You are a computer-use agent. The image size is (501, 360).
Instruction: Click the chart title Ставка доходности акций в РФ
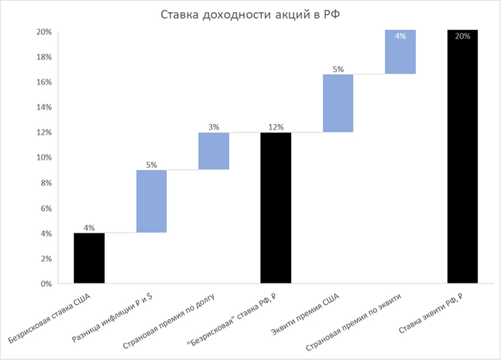(x=250, y=14)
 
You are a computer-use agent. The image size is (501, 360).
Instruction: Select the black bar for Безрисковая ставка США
(x=89, y=258)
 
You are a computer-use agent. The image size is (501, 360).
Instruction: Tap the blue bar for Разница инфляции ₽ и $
(x=151, y=201)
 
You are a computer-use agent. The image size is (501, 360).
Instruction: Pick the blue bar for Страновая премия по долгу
(x=213, y=151)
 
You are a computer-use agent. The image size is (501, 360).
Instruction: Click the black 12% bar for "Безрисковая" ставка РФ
(x=276, y=208)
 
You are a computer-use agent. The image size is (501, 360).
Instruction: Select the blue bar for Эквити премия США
(x=338, y=103)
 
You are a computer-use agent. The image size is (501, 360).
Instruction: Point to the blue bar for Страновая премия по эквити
(x=400, y=52)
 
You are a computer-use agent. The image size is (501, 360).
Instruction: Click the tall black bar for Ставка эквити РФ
(x=462, y=157)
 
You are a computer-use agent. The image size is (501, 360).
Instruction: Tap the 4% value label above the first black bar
(x=89, y=228)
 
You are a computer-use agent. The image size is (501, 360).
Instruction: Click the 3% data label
(x=213, y=127)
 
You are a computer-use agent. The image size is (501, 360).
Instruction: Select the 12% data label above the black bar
(x=276, y=127)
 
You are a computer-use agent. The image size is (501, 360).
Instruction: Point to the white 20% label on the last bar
(x=462, y=36)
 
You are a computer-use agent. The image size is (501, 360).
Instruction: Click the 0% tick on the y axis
(x=44, y=284)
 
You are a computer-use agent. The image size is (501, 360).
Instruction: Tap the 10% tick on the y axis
(x=42, y=158)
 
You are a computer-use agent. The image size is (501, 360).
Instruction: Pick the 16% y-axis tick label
(x=42, y=82)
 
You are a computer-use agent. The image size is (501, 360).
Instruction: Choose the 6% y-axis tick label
(x=44, y=208)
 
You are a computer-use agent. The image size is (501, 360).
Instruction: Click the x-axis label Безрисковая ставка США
(x=56, y=315)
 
